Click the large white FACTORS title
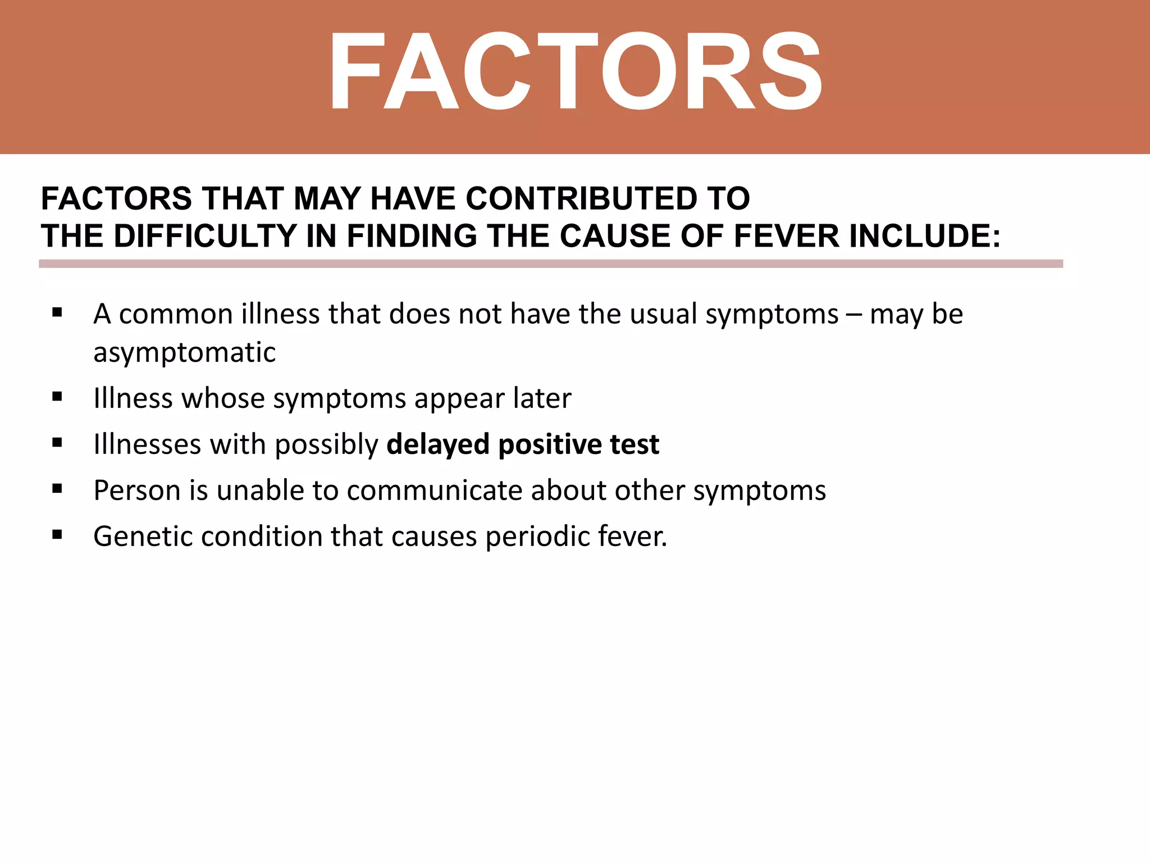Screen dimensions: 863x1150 (x=575, y=72)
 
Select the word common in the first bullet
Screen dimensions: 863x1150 (x=176, y=314)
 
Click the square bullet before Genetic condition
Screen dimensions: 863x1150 (x=57, y=535)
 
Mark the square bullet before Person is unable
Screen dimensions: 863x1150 (x=57, y=489)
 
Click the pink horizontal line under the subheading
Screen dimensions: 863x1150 (x=550, y=264)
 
